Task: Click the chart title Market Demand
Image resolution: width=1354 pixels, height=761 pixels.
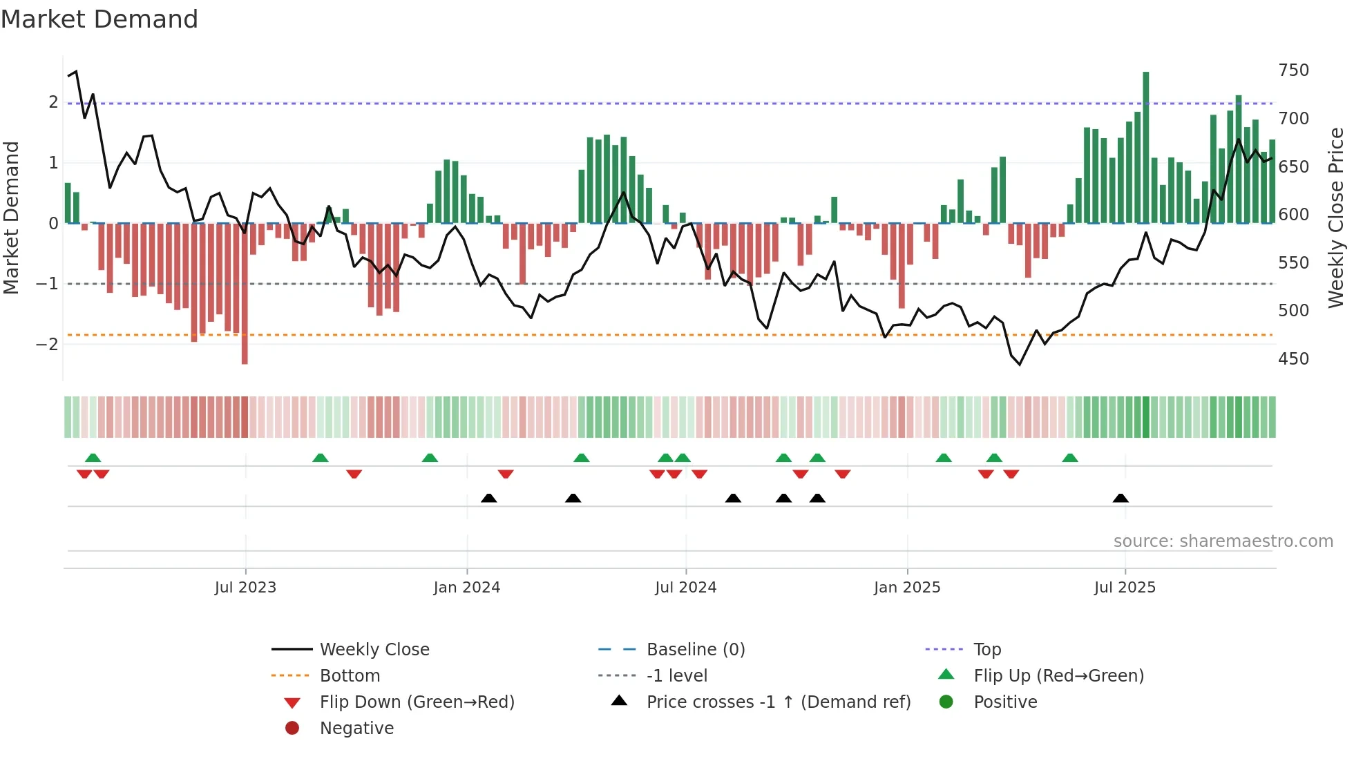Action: click(x=99, y=19)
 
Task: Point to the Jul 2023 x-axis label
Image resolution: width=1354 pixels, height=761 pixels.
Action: click(x=245, y=587)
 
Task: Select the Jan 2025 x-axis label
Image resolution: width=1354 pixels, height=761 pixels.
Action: click(x=906, y=587)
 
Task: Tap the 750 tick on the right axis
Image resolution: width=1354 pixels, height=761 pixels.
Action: click(x=1293, y=70)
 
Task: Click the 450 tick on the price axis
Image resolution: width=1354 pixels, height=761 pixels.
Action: click(x=1293, y=358)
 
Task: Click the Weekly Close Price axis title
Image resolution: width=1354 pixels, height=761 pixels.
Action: click(x=1336, y=218)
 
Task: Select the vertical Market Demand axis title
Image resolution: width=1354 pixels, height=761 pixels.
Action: click(x=11, y=218)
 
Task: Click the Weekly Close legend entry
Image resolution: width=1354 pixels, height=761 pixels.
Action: click(x=374, y=649)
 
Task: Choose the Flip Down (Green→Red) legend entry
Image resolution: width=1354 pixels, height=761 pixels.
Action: click(x=417, y=702)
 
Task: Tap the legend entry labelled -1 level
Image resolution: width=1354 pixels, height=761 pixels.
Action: click(x=676, y=675)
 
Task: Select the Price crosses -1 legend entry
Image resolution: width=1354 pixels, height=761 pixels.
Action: click(x=778, y=702)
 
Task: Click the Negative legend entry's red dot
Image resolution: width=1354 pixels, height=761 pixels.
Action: click(x=292, y=728)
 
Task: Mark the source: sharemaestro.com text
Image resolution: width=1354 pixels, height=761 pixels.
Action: click(x=1223, y=541)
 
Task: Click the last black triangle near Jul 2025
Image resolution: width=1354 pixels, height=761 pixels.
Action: click(x=1121, y=498)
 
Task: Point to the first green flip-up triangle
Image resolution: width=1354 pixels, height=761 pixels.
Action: click(x=93, y=458)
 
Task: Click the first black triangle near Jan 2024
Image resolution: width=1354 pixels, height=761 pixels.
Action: click(x=488, y=498)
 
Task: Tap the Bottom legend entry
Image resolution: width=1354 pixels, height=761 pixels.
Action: click(x=350, y=675)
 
